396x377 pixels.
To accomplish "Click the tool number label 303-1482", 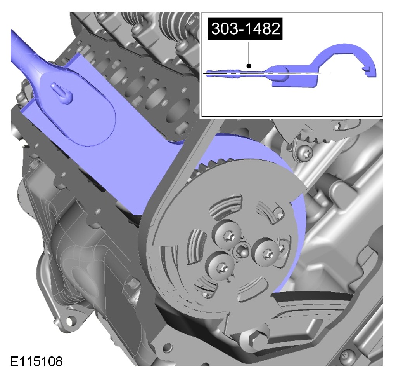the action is [245, 29].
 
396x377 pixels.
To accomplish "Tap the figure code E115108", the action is [36, 361].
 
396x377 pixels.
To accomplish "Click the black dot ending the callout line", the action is [249, 66].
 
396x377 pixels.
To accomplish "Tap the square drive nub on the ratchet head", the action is [62, 93].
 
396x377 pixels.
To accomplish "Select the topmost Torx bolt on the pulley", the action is [227, 236].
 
